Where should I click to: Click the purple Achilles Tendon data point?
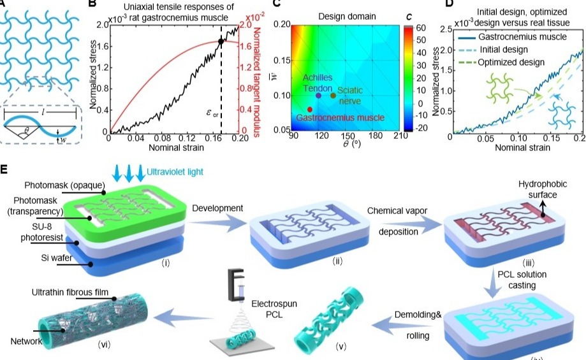click(319, 96)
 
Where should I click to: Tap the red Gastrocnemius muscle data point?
click(309, 110)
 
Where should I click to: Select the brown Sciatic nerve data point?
click(333, 96)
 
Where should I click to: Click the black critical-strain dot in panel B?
click(221, 41)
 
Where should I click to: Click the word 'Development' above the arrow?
click(217, 208)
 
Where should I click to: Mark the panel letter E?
click(4, 170)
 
